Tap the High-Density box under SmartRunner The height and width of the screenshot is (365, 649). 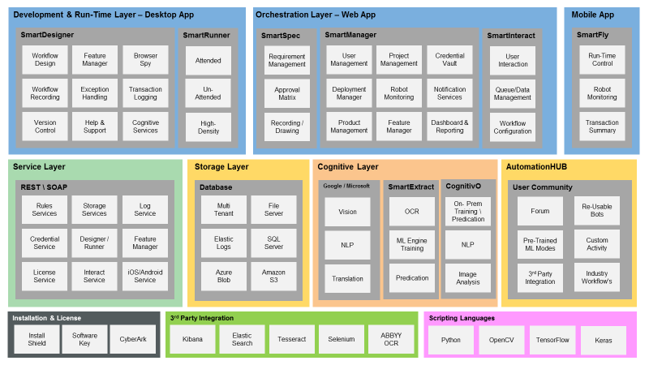coord(208,127)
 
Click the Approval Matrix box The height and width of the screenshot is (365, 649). coord(286,93)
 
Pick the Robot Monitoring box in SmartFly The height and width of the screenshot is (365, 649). coord(602,93)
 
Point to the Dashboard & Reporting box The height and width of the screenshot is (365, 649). coord(449,127)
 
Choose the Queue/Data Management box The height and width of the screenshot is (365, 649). coord(513,93)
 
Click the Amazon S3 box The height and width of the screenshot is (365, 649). coord(273,276)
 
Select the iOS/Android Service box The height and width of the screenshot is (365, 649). coord(145,276)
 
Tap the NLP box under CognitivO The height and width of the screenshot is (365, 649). coord(467,243)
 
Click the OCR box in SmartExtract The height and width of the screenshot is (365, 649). coord(412,211)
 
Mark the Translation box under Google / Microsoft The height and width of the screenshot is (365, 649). coord(347,278)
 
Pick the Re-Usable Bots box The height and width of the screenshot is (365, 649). coord(596,211)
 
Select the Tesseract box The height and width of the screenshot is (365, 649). coord(290,339)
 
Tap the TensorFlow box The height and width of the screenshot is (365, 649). coord(552,339)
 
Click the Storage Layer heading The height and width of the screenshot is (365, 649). coord(221,167)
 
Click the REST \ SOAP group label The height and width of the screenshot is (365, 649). coord(45,187)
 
